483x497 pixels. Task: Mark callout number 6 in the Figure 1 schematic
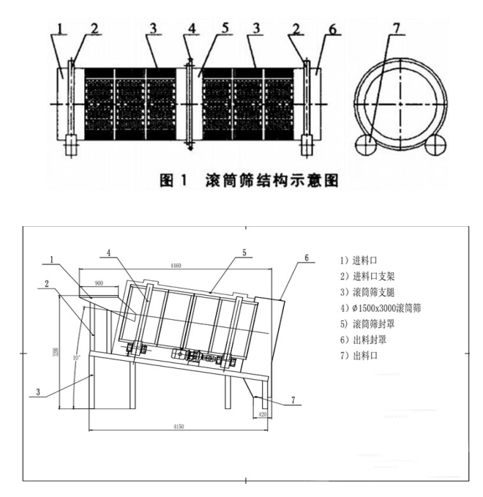click(x=333, y=29)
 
